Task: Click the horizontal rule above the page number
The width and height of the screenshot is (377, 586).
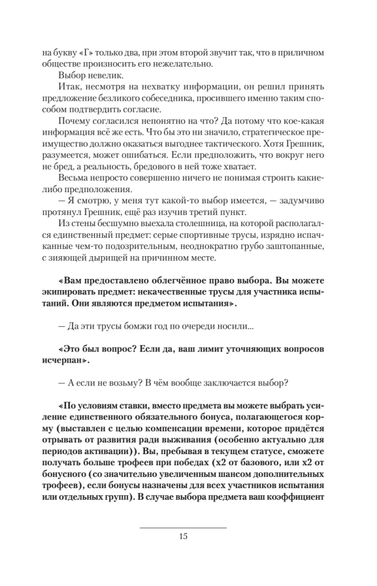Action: [x=183, y=527]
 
